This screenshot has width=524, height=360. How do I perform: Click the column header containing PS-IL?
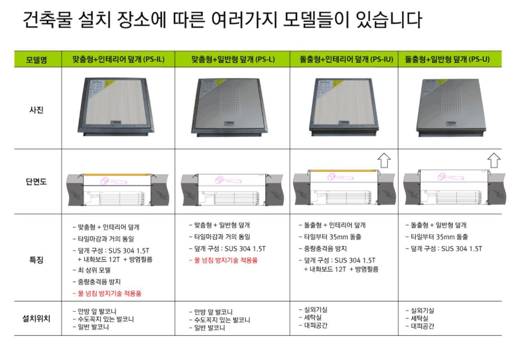118,59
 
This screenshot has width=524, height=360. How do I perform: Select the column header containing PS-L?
233,59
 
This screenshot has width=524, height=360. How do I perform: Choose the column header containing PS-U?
447,59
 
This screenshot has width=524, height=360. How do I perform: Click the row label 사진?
36,110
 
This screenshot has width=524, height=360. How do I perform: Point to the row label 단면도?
36,182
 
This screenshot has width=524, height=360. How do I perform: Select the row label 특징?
36,260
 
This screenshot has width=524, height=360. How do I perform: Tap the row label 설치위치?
36,318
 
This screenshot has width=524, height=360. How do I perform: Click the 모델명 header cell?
36,59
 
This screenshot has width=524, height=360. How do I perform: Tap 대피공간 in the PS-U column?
422,326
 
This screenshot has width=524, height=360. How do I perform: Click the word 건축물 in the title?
47,20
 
